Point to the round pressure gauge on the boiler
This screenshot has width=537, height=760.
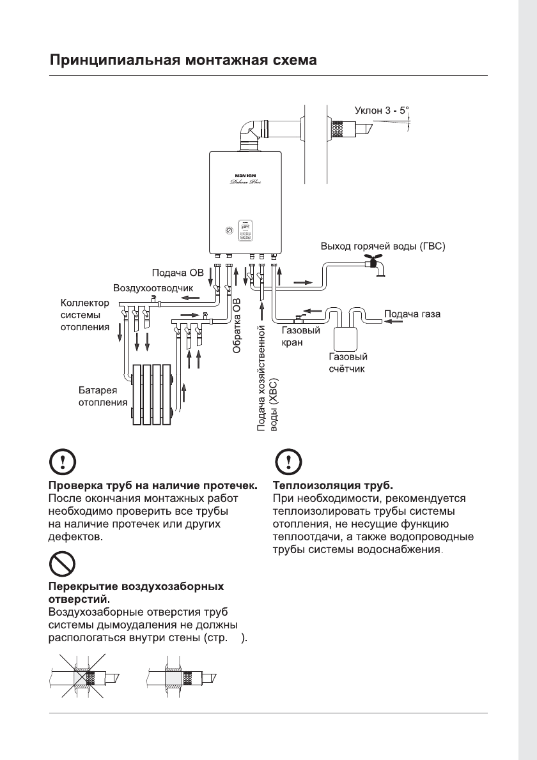[x=229, y=229]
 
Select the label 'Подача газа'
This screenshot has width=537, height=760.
[x=412, y=314]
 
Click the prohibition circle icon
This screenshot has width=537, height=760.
[x=62, y=564]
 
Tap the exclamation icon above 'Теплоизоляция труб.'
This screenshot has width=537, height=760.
[x=289, y=462]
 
